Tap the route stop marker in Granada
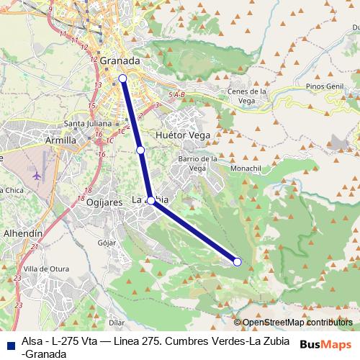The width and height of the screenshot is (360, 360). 122,78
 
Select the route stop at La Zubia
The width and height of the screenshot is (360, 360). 151,201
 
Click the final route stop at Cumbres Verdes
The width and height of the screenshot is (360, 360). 238,261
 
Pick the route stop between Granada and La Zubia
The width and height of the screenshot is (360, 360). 141,150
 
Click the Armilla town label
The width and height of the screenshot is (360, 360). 60,140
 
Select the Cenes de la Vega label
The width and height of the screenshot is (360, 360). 248,96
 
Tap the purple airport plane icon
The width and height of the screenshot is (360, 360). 37,175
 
